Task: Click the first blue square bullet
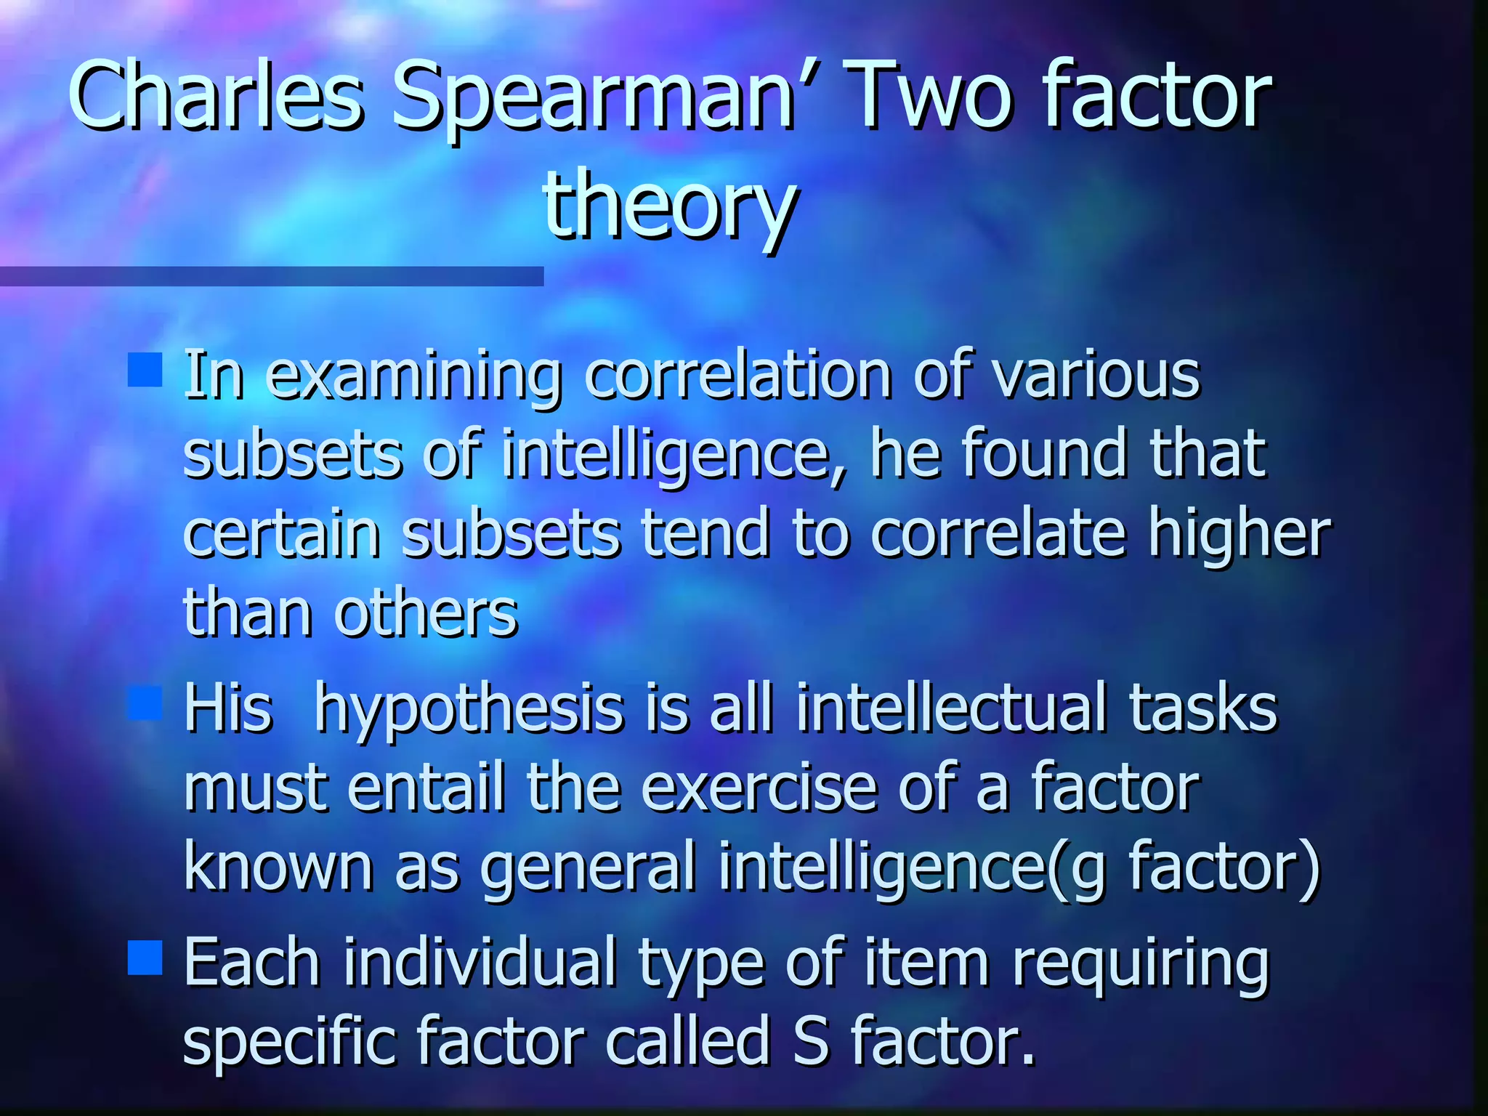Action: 145,370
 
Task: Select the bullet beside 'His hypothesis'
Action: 145,703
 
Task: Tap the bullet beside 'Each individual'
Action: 145,958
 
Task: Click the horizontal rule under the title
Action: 271,276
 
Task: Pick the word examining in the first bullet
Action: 413,378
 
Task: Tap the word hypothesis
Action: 469,711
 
